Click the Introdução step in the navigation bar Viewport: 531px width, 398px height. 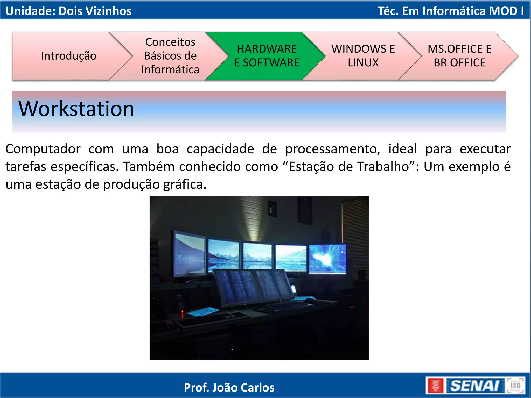(69, 56)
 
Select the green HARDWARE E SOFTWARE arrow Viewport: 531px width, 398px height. (267, 56)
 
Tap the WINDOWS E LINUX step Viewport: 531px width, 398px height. (363, 56)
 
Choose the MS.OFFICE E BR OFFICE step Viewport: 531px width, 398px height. (459, 56)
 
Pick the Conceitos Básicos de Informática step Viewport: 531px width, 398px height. (170, 56)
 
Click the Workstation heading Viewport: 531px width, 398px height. (76, 109)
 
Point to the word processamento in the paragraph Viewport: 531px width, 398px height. (332, 149)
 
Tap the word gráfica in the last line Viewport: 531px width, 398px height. (185, 184)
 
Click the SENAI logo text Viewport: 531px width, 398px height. (474, 386)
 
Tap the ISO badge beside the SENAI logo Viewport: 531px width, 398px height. (515, 386)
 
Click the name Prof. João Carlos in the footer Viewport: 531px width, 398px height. (229, 388)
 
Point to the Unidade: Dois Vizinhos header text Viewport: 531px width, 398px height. (68, 11)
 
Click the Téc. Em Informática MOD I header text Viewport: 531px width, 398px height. (451, 11)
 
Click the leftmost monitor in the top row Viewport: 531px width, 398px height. (190, 254)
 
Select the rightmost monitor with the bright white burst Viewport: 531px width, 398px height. (327, 259)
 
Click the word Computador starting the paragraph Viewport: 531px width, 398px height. (43, 149)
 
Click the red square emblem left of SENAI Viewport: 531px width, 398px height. (435, 386)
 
